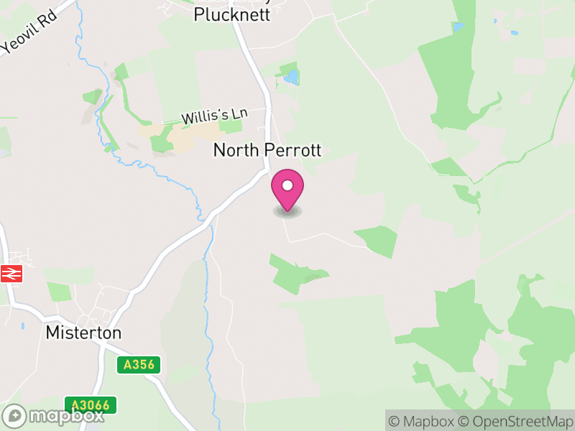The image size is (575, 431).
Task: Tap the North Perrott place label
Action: (267, 150)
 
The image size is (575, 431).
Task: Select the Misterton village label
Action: (83, 333)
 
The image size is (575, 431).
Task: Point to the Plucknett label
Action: (232, 14)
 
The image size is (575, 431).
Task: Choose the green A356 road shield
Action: (139, 365)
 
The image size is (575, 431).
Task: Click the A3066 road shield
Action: (91, 405)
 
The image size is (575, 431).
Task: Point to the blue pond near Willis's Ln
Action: (291, 75)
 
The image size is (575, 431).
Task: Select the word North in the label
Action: (234, 150)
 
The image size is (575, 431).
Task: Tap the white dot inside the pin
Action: (287, 185)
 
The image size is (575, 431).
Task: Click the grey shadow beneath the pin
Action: (287, 212)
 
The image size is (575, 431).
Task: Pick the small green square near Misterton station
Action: (59, 292)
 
